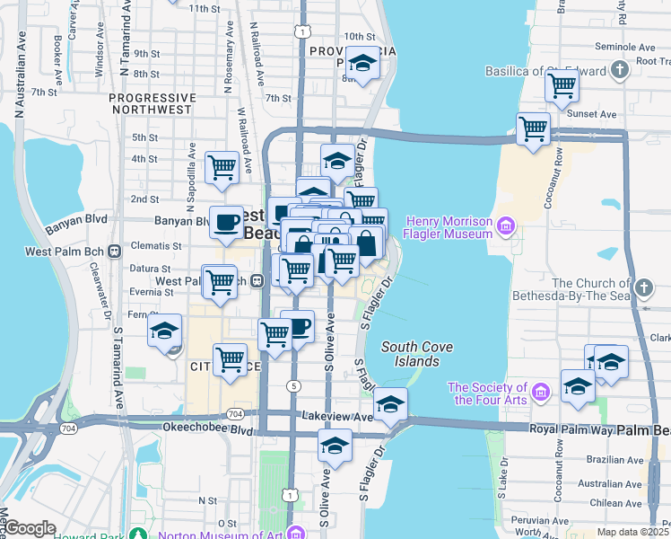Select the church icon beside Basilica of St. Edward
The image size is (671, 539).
(x=619, y=70)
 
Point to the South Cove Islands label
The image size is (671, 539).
(x=416, y=354)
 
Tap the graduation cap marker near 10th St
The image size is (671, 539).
(x=362, y=63)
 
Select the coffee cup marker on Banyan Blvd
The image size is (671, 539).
(x=226, y=221)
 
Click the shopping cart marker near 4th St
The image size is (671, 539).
(x=222, y=166)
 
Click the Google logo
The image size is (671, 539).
(x=30, y=528)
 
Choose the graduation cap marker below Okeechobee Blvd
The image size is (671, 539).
(x=335, y=445)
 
